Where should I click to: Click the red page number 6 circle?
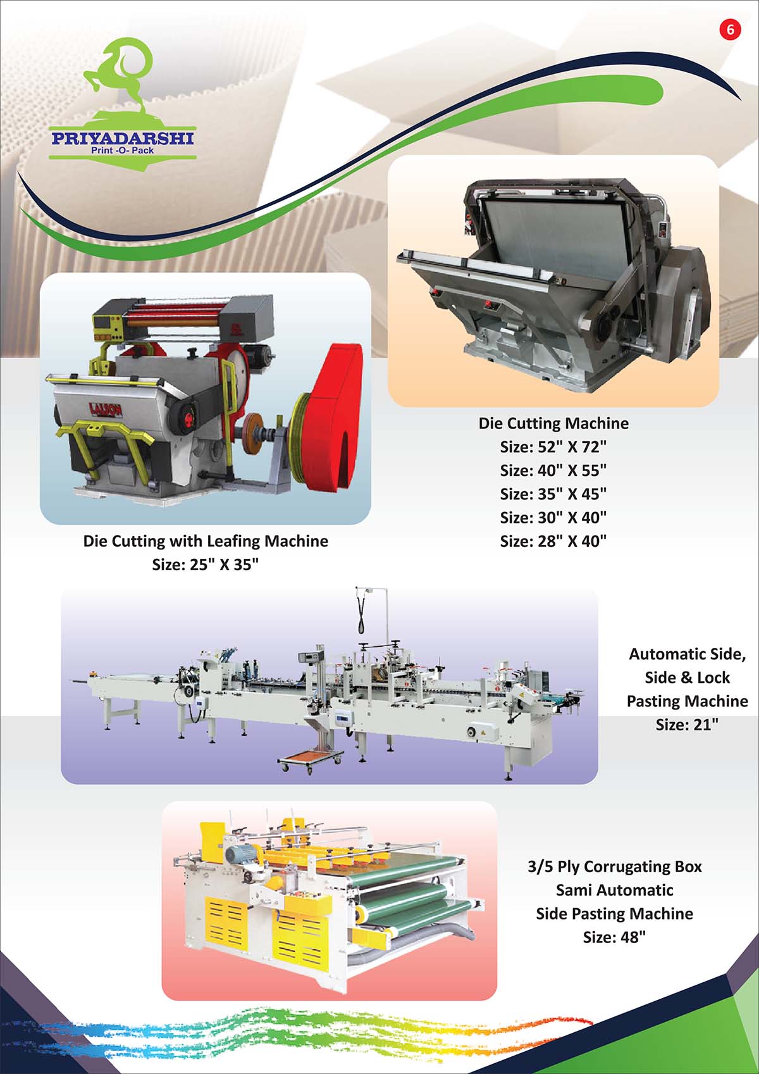(730, 30)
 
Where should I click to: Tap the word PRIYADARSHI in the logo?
(122, 139)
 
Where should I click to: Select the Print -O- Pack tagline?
(122, 150)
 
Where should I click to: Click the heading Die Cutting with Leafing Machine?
(206, 541)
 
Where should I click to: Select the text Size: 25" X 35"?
(205, 565)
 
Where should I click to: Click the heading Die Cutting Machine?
(553, 423)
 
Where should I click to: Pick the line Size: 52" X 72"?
(553, 447)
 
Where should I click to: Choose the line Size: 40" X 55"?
(553, 470)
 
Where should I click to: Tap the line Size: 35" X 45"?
(553, 494)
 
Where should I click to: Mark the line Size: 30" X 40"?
(553, 518)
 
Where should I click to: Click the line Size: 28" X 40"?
(553, 541)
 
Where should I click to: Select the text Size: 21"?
(687, 725)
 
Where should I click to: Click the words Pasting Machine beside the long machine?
(687, 701)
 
